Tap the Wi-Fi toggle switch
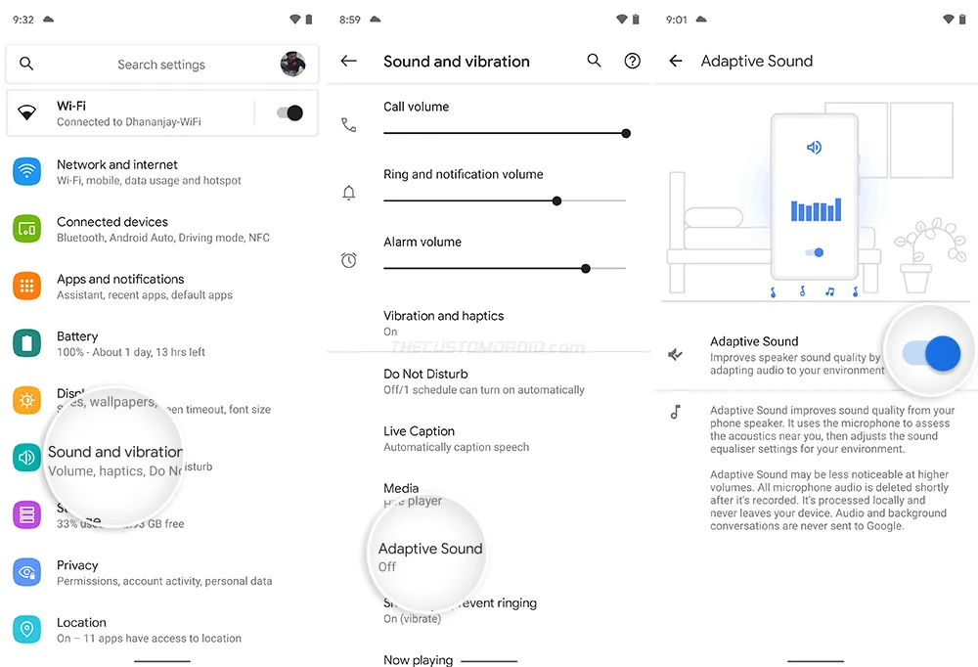pos(289,113)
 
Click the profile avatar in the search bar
pos(292,64)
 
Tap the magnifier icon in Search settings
pos(26,64)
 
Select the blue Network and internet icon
pos(26,172)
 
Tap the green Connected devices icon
pos(26,229)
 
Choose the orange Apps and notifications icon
pos(26,287)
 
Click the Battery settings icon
pos(26,343)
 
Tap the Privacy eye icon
pos(26,572)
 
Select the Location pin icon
pos(26,629)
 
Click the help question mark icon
pos(632,61)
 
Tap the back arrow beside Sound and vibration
pos(348,61)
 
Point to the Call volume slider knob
pos(626,133)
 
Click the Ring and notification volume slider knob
pos(556,200)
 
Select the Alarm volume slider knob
pos(586,268)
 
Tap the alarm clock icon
pos(348,260)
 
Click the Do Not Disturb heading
pos(425,374)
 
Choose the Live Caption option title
pos(419,431)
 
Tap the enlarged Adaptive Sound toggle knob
pos(942,354)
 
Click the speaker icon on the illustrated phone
pos(814,148)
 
